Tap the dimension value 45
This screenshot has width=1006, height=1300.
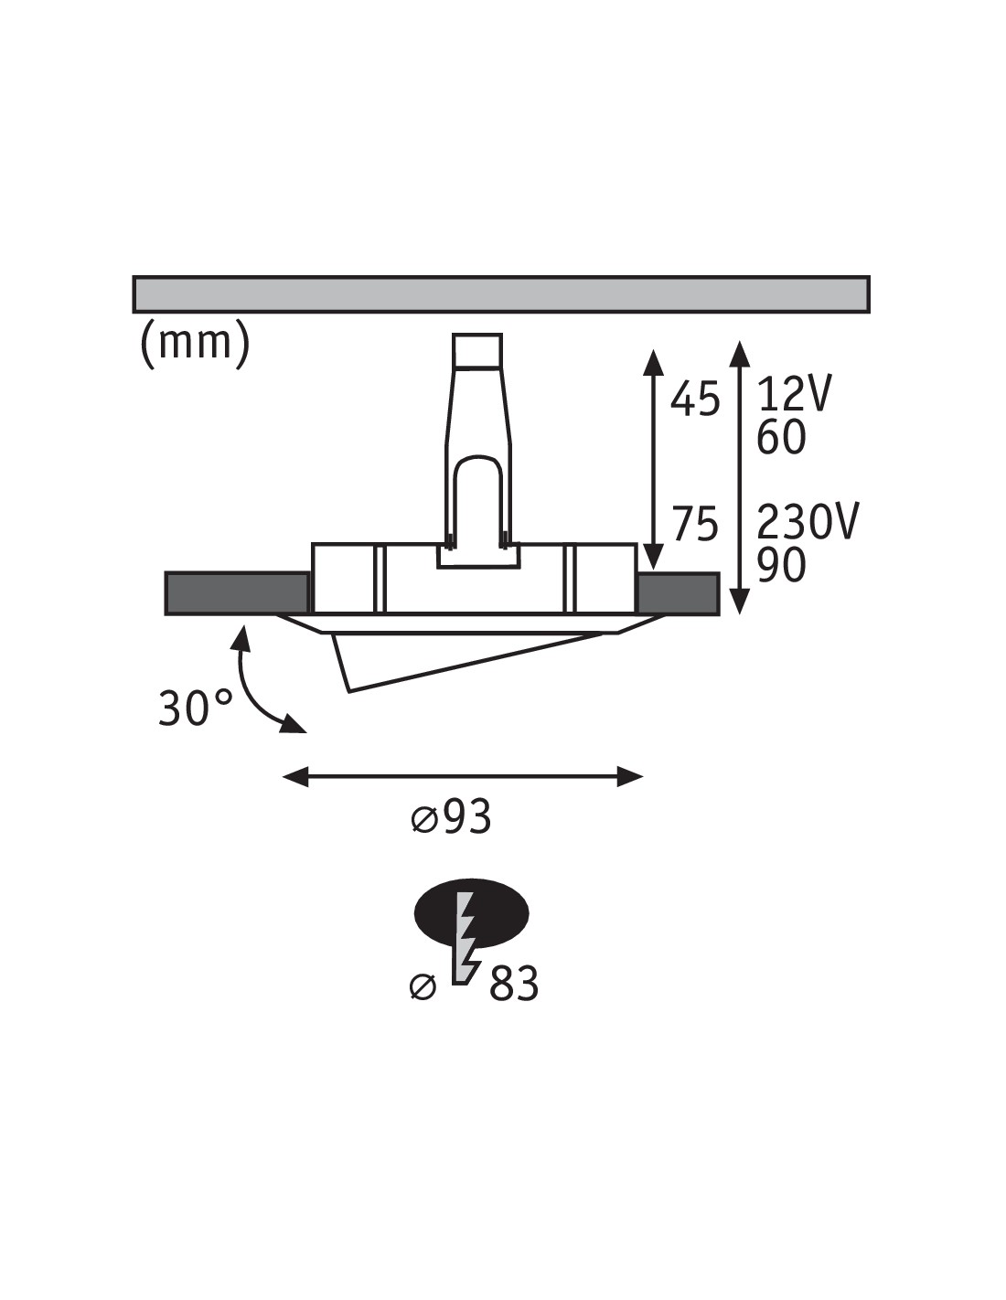pos(694,400)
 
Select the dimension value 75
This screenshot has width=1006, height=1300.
pos(695,524)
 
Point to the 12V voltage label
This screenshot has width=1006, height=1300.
pos(794,395)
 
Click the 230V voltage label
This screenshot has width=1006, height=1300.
pos(808,522)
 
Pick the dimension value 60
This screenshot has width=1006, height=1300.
pos(781,437)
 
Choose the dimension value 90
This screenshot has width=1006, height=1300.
pos(781,565)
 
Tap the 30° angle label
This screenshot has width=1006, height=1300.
pos(195,708)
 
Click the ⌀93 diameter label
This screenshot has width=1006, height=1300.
pos(452,816)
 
